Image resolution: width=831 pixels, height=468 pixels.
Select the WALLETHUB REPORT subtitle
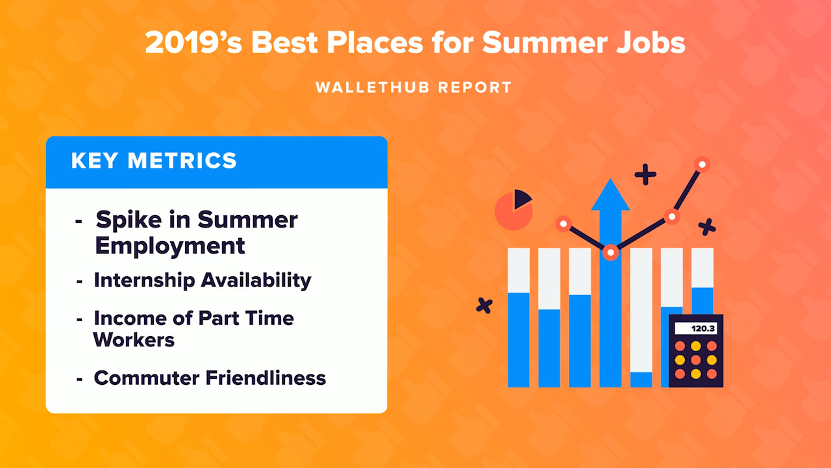[x=414, y=87]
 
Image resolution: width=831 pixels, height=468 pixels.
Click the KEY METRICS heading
[x=154, y=161]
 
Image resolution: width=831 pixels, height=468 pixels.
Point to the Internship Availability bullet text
[x=203, y=280]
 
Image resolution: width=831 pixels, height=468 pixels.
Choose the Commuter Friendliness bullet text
[x=210, y=378]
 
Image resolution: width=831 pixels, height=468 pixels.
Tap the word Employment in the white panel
[x=170, y=246]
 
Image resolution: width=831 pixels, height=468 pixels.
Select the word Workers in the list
[x=134, y=339]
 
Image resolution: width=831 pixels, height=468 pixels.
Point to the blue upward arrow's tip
[x=610, y=185]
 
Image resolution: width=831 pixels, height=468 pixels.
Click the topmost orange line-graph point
[x=701, y=164]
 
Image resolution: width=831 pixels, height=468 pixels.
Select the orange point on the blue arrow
[x=610, y=253]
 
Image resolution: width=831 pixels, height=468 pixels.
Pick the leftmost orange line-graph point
[x=563, y=224]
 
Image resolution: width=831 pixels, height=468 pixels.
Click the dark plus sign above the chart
[x=645, y=174]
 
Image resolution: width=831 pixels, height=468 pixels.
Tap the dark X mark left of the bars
[x=484, y=305]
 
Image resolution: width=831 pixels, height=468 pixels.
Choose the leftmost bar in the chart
[x=519, y=317]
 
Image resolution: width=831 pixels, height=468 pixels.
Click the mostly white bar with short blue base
[x=641, y=317]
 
